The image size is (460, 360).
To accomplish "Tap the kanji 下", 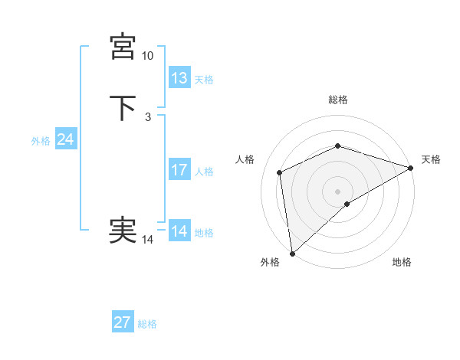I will tap(123, 108).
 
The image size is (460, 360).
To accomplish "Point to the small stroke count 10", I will tap(148, 56).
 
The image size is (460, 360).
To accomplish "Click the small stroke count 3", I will tap(147, 117).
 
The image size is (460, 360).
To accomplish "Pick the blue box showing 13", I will tap(179, 78).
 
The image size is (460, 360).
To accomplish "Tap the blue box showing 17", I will tap(179, 170).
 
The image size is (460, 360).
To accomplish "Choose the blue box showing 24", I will tap(66, 139).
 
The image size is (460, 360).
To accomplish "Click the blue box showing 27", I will tap(123, 322).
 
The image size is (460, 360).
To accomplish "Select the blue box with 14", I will tap(179, 231).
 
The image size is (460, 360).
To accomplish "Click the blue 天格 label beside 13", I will tap(204, 80).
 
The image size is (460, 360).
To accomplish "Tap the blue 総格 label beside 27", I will tap(147, 324).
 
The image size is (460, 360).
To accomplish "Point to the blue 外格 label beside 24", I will tap(40, 141).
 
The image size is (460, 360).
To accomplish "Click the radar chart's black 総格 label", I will tap(338, 100).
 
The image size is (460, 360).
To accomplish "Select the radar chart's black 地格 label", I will tap(402, 263).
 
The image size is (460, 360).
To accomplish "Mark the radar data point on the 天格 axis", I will tap(411, 168).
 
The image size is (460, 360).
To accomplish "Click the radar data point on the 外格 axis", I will tap(292, 254).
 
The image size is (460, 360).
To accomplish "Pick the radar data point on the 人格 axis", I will tap(280, 172).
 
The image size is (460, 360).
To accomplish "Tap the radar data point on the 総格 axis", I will tap(338, 146).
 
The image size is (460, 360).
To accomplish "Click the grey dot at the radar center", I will tap(338, 191).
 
